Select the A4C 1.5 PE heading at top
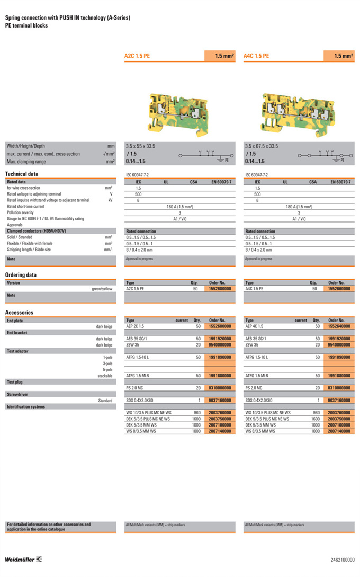pos(256,56)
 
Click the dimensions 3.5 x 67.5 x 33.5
pos(262,146)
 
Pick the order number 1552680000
pos(220,289)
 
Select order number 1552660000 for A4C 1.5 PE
pos(339,289)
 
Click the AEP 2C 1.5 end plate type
pos(135,326)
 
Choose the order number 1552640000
pos(339,326)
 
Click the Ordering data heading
pos(21,275)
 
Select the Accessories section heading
pos(19,313)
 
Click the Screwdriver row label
pos(18,394)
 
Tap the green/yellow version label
pos(102,289)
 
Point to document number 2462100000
pos(343,560)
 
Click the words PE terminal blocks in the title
pos(26,25)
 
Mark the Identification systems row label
pos(25,407)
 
